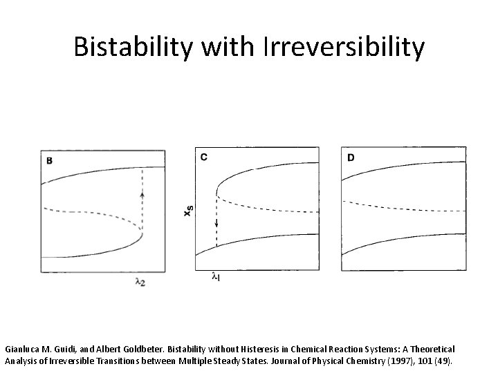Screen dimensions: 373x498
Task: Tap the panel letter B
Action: [x=50, y=160]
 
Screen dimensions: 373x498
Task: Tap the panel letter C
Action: [x=203, y=157]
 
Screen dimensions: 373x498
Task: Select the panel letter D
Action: [x=351, y=157]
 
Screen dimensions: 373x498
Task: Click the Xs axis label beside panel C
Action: [x=187, y=209]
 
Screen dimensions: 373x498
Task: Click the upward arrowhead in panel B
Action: [x=142, y=195]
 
